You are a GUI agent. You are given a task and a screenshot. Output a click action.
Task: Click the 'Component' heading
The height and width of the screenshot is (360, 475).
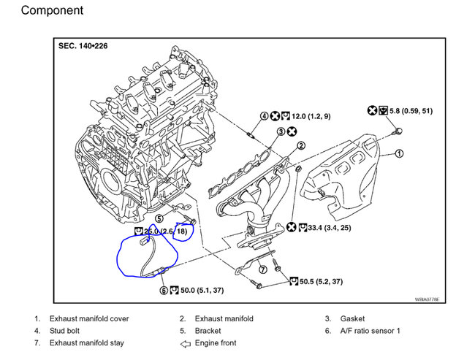coord(51,10)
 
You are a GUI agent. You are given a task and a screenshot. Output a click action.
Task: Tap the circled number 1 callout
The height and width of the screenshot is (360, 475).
coord(398,153)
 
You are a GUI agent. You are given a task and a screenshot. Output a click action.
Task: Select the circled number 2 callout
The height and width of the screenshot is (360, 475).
coord(300,145)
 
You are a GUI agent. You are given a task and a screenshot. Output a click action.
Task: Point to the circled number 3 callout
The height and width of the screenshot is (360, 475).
coord(281,131)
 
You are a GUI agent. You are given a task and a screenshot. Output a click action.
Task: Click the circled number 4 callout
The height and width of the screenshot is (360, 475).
coord(264,116)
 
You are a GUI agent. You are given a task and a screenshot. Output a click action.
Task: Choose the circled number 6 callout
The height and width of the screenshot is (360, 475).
coord(164,290)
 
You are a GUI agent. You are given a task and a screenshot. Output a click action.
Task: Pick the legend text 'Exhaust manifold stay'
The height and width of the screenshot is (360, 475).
coord(86,342)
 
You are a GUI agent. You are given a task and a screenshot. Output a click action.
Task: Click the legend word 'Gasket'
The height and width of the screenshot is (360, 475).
coord(352,319)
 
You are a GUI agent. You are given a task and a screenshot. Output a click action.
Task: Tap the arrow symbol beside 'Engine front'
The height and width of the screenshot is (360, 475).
coord(186,342)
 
